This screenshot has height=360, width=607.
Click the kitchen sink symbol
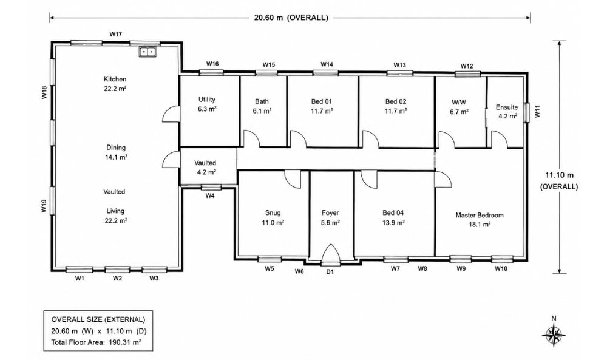point(147,52)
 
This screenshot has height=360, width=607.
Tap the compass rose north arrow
point(554,335)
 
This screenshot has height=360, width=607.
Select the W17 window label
point(116,34)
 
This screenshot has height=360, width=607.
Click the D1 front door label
point(330,272)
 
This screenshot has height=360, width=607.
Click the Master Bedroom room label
point(480,216)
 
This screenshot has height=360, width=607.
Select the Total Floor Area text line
point(97,342)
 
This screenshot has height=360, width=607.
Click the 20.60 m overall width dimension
point(290,18)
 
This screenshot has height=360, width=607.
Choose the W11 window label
point(537,113)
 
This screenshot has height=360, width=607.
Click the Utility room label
point(207,100)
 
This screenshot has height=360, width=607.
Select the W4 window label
point(210,196)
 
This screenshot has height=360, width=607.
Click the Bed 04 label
point(393,212)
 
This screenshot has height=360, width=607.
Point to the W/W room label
point(459,102)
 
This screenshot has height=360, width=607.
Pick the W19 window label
point(44,206)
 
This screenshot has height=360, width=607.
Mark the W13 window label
point(400,65)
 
